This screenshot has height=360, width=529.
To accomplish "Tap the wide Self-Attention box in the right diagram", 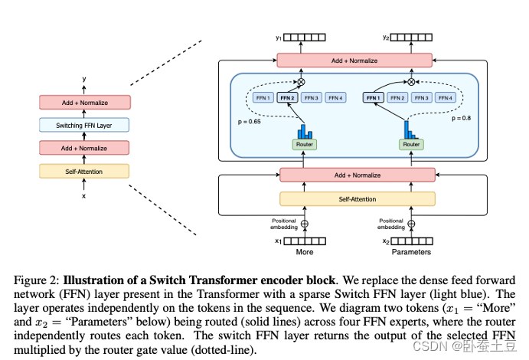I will click(357, 199).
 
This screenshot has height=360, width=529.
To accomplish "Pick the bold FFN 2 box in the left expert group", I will click(288, 97).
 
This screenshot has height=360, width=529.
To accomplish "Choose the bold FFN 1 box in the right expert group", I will click(374, 97).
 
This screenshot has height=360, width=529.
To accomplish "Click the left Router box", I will click(304, 144).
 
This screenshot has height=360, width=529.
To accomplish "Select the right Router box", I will click(411, 144).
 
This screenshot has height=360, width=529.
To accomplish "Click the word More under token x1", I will click(304, 252).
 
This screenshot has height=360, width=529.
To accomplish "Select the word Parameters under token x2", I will click(411, 252).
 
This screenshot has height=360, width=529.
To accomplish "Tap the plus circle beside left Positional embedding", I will click(304, 224).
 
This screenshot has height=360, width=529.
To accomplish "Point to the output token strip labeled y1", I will click(309, 37).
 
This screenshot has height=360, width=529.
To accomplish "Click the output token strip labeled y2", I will click(416, 37).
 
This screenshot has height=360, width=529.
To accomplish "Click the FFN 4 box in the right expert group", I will click(445, 97).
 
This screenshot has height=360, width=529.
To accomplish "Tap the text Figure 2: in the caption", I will click(35, 280).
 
